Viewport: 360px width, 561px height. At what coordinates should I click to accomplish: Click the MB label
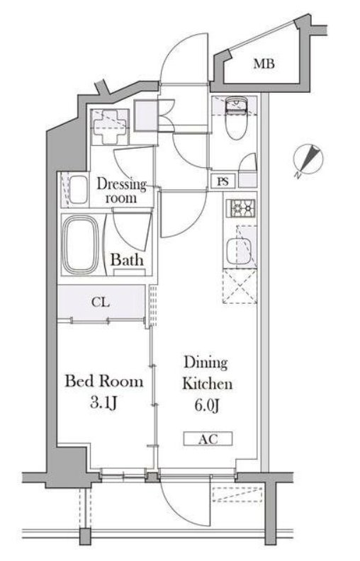[264, 64]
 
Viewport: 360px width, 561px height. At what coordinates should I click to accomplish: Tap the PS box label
[223, 181]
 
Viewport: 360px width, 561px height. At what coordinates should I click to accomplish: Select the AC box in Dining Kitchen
[208, 438]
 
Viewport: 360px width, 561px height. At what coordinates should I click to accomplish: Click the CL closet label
[101, 302]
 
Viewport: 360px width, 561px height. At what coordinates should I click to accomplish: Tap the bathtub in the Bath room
[80, 244]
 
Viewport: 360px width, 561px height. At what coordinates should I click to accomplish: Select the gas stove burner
[242, 208]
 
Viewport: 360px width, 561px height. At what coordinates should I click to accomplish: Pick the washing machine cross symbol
[109, 127]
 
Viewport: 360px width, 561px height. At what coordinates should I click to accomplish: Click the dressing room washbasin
[79, 190]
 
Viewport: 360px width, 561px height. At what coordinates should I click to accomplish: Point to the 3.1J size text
[104, 403]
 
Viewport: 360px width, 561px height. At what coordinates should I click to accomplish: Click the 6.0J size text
[206, 405]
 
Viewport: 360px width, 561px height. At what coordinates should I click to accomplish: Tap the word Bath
[127, 260]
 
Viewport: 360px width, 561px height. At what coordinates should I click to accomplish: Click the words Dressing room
[122, 191]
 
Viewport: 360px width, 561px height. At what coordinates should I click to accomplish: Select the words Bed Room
[103, 381]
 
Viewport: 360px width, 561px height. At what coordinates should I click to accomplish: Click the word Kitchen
[207, 383]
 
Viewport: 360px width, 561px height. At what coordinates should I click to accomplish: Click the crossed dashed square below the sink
[240, 287]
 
